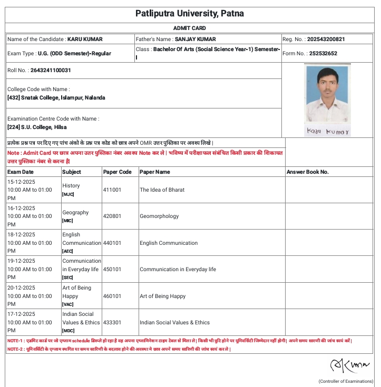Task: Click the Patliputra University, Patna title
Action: [x=190, y=13]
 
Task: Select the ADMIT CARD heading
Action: [x=190, y=28]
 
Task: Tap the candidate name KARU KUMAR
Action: [x=85, y=39]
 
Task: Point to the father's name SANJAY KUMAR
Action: [x=196, y=39]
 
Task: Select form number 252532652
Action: [x=324, y=53]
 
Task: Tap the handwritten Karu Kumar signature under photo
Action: [x=327, y=131]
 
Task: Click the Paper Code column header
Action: [x=118, y=172]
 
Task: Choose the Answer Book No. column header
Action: [x=307, y=172]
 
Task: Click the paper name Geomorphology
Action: [x=159, y=216]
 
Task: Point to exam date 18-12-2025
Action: [x=22, y=234]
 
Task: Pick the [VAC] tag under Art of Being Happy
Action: [x=68, y=304]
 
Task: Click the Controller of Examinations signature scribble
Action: [x=343, y=365]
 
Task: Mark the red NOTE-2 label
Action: [x=15, y=349]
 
